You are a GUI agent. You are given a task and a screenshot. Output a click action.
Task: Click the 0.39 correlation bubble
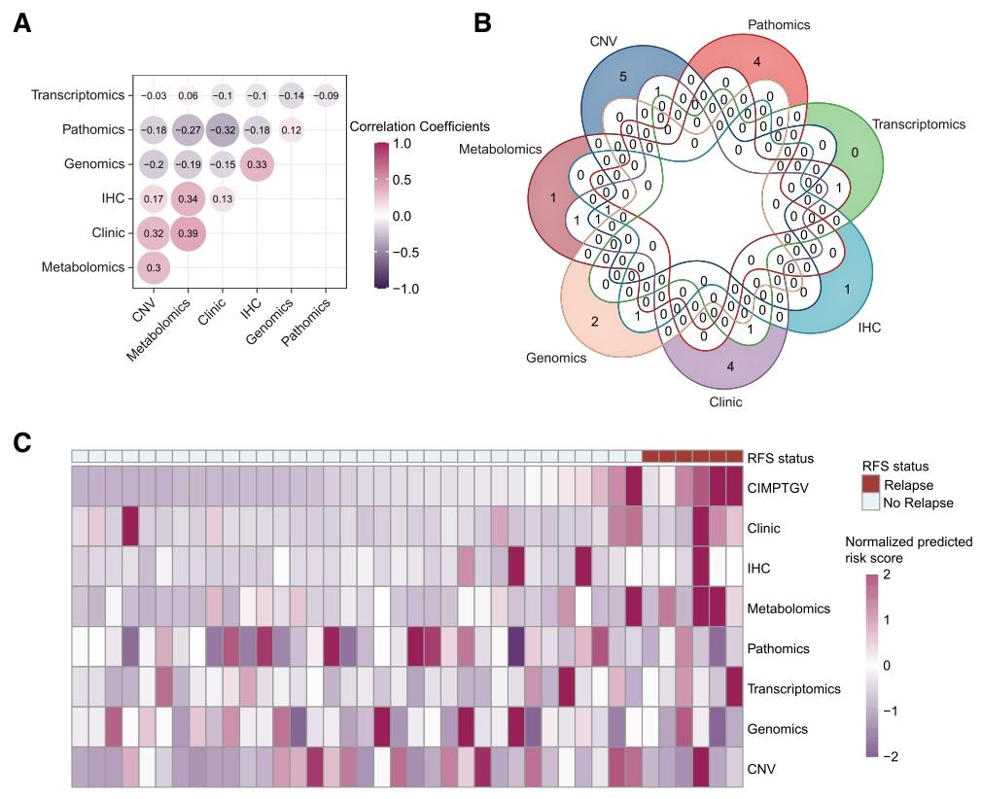coord(189,233)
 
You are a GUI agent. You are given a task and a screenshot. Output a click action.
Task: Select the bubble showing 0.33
coord(257,164)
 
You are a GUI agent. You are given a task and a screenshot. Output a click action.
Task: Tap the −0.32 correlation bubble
coord(223,130)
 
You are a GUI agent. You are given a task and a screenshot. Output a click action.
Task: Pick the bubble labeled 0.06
coord(189,95)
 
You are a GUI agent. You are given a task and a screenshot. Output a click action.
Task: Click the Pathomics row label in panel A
coord(92,130)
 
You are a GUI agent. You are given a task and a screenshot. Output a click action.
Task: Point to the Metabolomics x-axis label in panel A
coord(161,330)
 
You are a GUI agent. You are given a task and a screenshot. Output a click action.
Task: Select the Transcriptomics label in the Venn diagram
coord(918,124)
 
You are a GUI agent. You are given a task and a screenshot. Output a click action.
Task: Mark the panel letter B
coord(482,21)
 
